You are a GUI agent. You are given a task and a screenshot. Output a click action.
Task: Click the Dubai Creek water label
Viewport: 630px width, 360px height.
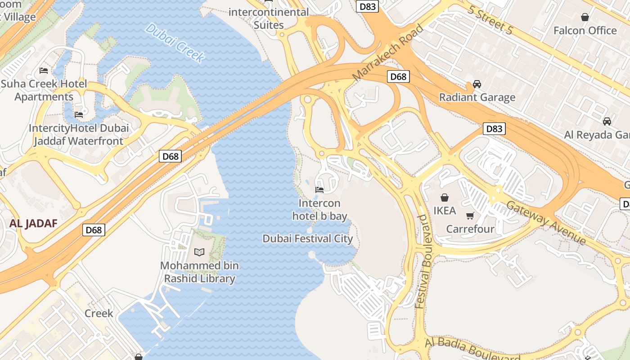tap(175, 43)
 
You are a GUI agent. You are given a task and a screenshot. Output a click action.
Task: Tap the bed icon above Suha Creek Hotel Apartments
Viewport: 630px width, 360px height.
tap(44, 71)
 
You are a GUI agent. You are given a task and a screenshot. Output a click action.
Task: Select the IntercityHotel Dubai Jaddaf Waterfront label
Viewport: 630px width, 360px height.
tap(79, 135)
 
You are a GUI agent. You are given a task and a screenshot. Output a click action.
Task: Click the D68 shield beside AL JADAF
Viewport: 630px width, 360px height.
tap(94, 230)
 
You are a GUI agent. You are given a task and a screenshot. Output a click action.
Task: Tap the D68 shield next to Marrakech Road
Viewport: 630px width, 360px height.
tap(398, 76)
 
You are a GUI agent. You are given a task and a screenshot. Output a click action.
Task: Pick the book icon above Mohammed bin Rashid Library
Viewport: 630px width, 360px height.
tap(199, 252)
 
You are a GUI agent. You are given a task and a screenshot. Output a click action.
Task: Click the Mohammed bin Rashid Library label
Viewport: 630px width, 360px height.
tap(199, 272)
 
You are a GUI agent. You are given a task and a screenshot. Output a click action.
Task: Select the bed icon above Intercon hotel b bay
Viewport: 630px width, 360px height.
tap(319, 189)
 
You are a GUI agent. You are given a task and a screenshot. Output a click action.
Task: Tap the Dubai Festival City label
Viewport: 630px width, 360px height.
tap(308, 238)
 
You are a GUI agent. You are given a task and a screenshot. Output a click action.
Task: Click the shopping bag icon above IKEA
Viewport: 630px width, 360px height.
tap(445, 198)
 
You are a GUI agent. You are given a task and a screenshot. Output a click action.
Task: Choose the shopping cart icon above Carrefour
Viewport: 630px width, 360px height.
tap(470, 216)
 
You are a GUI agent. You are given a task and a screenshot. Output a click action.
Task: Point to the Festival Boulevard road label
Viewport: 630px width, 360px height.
tap(423, 261)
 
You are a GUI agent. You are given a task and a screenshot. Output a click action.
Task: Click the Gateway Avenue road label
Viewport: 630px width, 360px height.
tap(546, 222)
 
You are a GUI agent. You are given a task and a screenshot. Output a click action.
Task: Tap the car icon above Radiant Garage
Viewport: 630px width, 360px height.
tap(477, 84)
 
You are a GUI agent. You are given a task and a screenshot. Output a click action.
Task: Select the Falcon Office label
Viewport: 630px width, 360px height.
tap(585, 31)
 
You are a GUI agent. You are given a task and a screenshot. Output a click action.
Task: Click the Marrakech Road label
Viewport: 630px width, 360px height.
tap(388, 53)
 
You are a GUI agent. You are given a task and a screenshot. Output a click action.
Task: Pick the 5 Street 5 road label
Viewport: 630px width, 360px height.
tap(490, 20)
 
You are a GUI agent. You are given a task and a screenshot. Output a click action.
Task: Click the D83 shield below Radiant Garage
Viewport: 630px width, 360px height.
tap(494, 129)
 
